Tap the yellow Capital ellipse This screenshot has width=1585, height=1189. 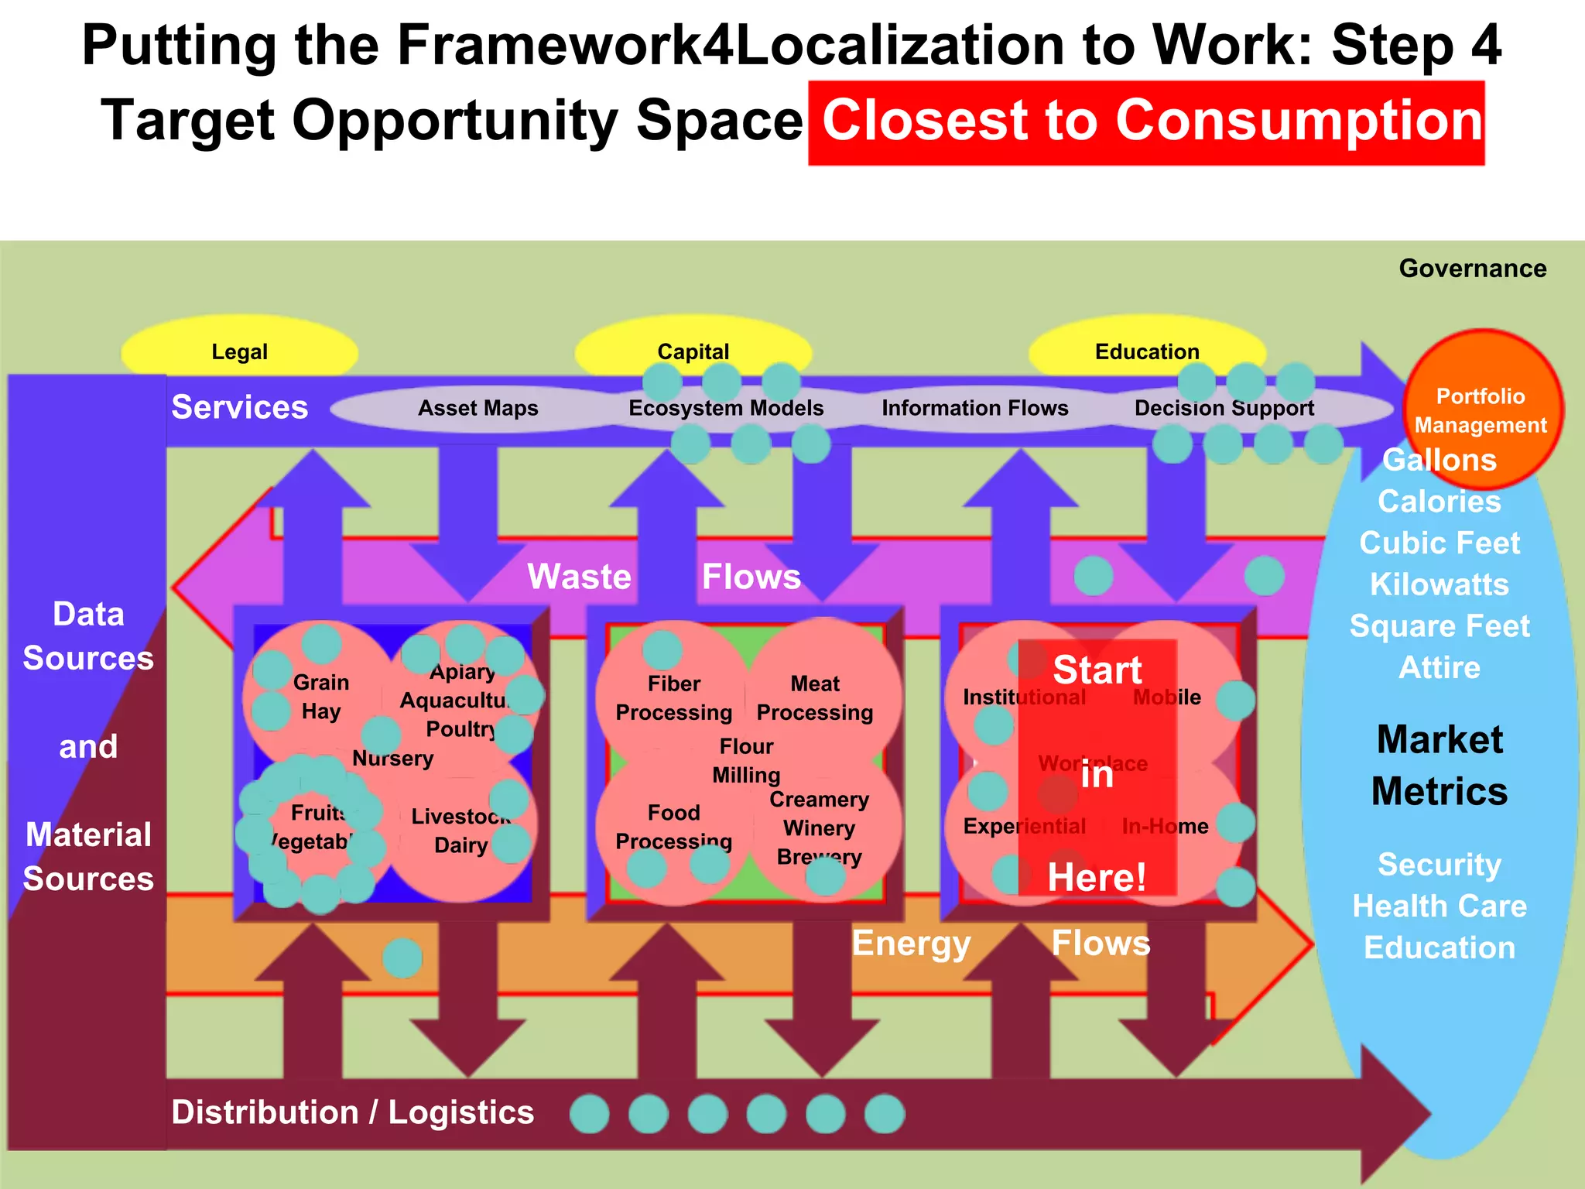[693, 351]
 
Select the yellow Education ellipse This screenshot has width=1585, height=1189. [1147, 351]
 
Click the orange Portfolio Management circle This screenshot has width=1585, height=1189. [1481, 409]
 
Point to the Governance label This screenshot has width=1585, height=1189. [1472, 269]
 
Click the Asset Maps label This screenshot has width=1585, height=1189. [478, 408]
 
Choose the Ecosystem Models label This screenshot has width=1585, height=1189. [726, 408]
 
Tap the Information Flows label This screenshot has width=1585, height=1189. [974, 408]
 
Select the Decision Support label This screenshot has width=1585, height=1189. [1224, 408]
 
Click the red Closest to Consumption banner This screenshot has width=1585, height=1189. [1146, 123]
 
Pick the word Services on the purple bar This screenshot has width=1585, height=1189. [239, 407]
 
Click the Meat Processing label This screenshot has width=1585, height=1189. [815, 698]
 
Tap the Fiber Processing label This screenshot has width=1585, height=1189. [673, 698]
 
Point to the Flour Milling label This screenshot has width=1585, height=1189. [746, 761]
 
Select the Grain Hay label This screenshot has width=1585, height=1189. [321, 697]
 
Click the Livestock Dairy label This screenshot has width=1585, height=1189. [460, 831]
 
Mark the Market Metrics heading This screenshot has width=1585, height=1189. [1440, 765]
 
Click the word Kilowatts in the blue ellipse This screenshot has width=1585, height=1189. [1440, 584]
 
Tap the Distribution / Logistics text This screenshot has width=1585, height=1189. [353, 1112]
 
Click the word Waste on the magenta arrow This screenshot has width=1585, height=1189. [579, 577]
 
